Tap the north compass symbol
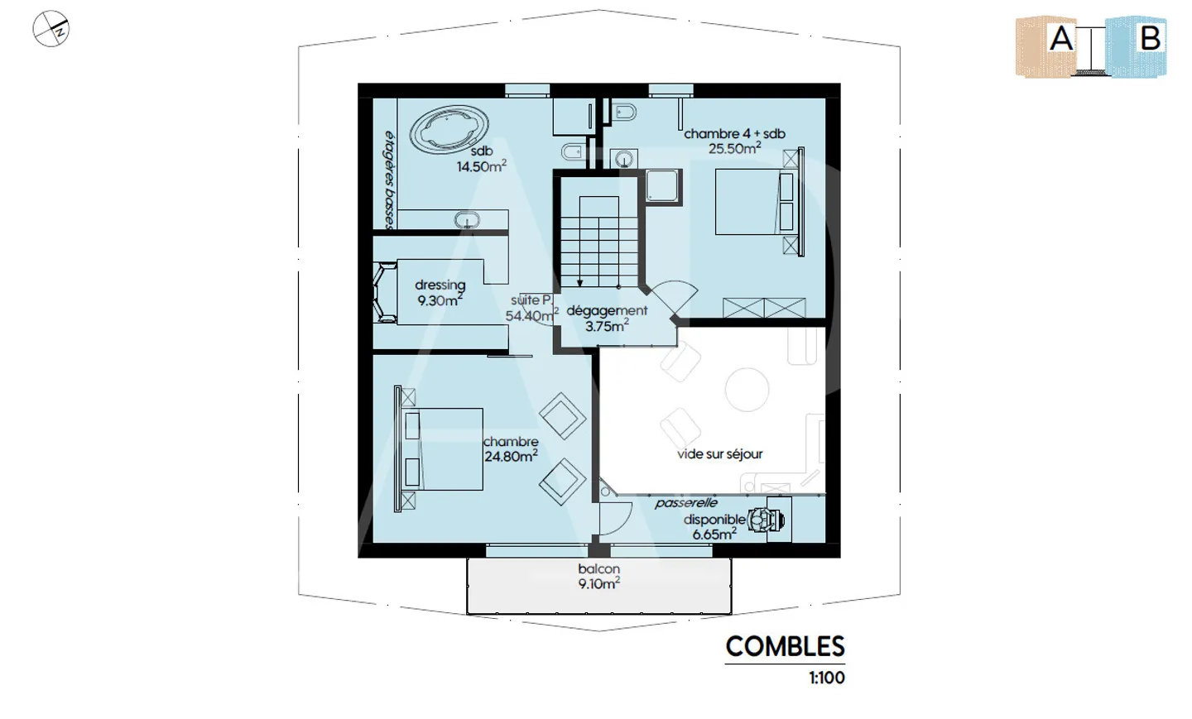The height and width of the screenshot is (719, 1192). [x=51, y=29]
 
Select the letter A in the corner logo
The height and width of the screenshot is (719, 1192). [x=1060, y=39]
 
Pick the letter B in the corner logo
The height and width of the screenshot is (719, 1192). [x=1151, y=38]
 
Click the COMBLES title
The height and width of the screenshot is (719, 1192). [x=785, y=647]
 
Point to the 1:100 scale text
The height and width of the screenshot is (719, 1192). [x=827, y=678]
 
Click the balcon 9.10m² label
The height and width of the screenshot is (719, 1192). [x=599, y=577]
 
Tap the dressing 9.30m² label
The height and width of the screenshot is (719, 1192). [x=440, y=293]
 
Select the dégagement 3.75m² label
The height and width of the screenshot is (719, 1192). [x=608, y=318]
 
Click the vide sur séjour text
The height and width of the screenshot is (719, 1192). [x=719, y=454]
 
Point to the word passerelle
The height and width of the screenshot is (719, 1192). [x=686, y=502]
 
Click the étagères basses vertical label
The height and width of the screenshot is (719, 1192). [x=390, y=180]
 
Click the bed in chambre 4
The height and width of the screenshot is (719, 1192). [x=756, y=202]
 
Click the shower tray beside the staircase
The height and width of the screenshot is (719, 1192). [x=662, y=185]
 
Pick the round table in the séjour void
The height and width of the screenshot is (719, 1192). [x=747, y=390]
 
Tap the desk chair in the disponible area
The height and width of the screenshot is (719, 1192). [x=763, y=520]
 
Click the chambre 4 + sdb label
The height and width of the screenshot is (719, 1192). [x=734, y=141]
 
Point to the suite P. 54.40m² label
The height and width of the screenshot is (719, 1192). [x=531, y=309]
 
